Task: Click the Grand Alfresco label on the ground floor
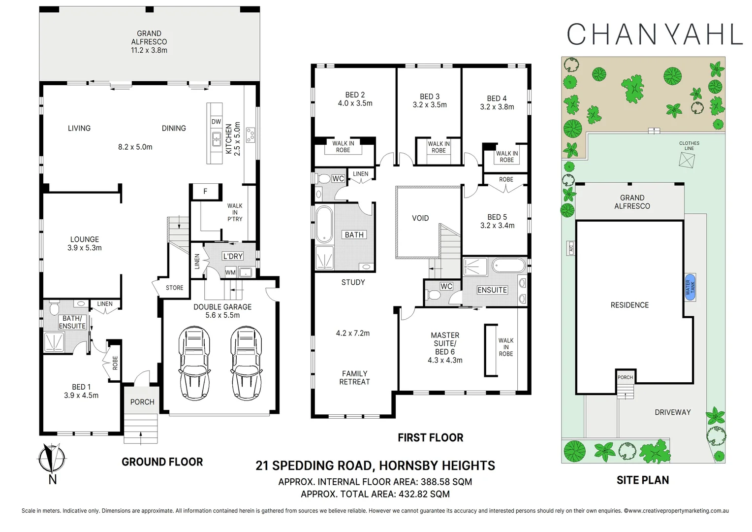(x=149, y=42)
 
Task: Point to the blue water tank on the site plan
(x=690, y=287)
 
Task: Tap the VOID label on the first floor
(x=420, y=218)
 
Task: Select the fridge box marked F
(x=206, y=192)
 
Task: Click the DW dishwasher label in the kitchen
(x=216, y=122)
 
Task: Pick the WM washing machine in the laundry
(x=230, y=272)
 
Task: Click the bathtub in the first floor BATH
(x=324, y=224)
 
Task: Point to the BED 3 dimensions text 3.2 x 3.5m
(x=430, y=105)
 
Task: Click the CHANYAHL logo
(x=654, y=34)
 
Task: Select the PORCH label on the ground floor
(x=142, y=402)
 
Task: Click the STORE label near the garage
(x=174, y=288)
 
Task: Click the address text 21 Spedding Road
(x=375, y=465)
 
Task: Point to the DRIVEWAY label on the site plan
(x=672, y=412)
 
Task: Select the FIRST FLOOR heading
(x=430, y=437)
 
